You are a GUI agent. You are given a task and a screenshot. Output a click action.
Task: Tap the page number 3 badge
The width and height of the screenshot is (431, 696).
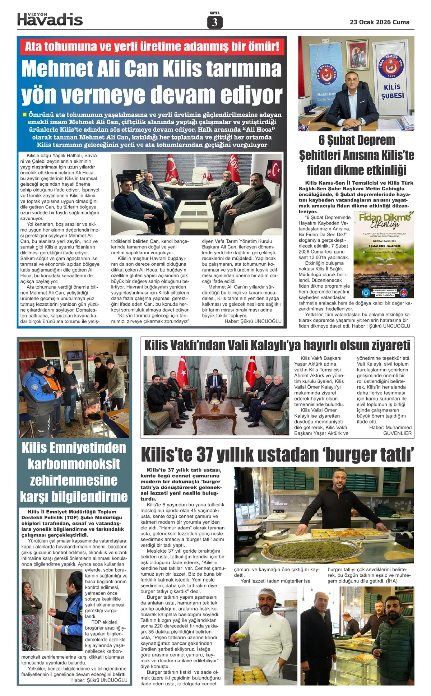(x=215, y=22)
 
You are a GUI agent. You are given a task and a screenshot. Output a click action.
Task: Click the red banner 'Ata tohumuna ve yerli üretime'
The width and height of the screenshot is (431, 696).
(x=152, y=47)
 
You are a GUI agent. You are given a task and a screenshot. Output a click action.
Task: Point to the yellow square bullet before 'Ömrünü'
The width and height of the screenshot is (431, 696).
(x=24, y=115)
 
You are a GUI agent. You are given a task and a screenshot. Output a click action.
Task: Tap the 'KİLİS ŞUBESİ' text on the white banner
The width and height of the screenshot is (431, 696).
(x=392, y=92)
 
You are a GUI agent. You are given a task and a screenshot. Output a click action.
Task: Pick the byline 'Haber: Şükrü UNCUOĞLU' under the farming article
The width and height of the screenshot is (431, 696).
(x=253, y=321)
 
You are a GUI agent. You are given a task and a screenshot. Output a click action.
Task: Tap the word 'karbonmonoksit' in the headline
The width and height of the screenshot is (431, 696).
(x=74, y=464)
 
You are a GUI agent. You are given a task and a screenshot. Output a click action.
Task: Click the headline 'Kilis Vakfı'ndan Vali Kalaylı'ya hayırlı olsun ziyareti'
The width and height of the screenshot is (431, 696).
(x=277, y=345)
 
